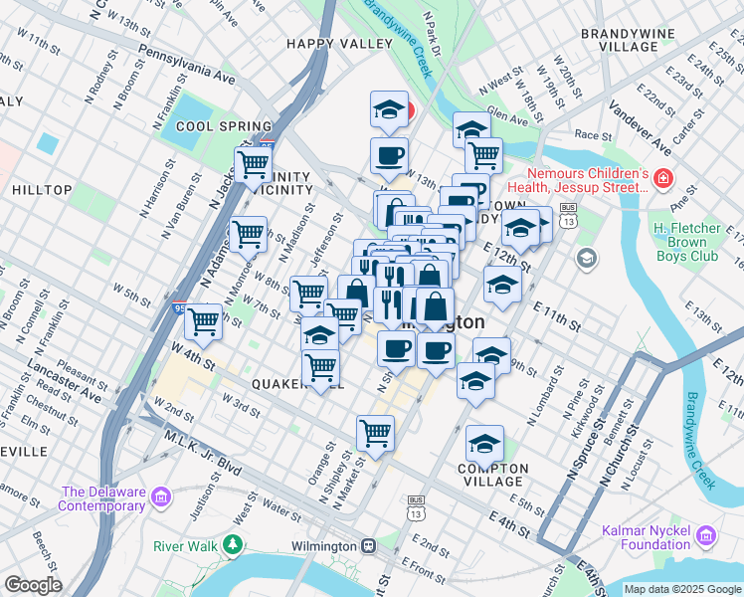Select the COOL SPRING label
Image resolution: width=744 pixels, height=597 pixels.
point(208,126)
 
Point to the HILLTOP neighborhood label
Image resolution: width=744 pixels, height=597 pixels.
point(42,190)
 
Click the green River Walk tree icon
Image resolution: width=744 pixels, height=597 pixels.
point(232,544)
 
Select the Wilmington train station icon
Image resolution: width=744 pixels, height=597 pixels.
point(368,546)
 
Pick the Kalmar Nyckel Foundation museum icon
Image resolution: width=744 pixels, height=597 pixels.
point(706,536)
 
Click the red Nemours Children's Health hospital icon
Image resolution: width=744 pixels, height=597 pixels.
point(662,181)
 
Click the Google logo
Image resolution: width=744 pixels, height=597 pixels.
point(32,585)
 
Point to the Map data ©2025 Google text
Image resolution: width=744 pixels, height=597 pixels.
point(682,589)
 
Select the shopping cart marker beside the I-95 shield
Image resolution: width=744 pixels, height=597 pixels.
point(203,321)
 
